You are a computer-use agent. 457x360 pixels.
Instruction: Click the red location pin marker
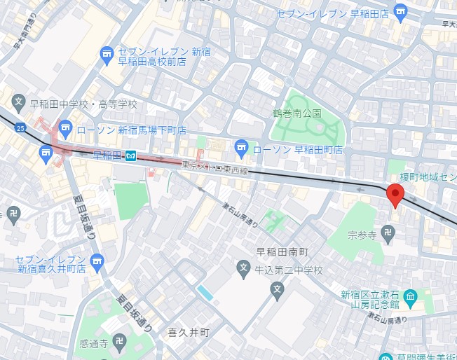click(x=395, y=195)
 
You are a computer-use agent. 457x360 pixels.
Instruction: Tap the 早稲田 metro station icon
click(x=130, y=156)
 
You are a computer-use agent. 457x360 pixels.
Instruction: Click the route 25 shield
click(x=20, y=127)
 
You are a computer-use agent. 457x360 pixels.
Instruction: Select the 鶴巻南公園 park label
click(x=296, y=113)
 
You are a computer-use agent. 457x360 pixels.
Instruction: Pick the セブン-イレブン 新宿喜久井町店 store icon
click(x=97, y=260)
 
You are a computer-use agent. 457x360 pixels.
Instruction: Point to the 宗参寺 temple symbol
click(x=390, y=236)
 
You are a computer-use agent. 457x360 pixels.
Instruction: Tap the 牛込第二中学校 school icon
click(x=243, y=267)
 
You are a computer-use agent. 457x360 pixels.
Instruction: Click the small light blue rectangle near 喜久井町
click(x=205, y=292)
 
